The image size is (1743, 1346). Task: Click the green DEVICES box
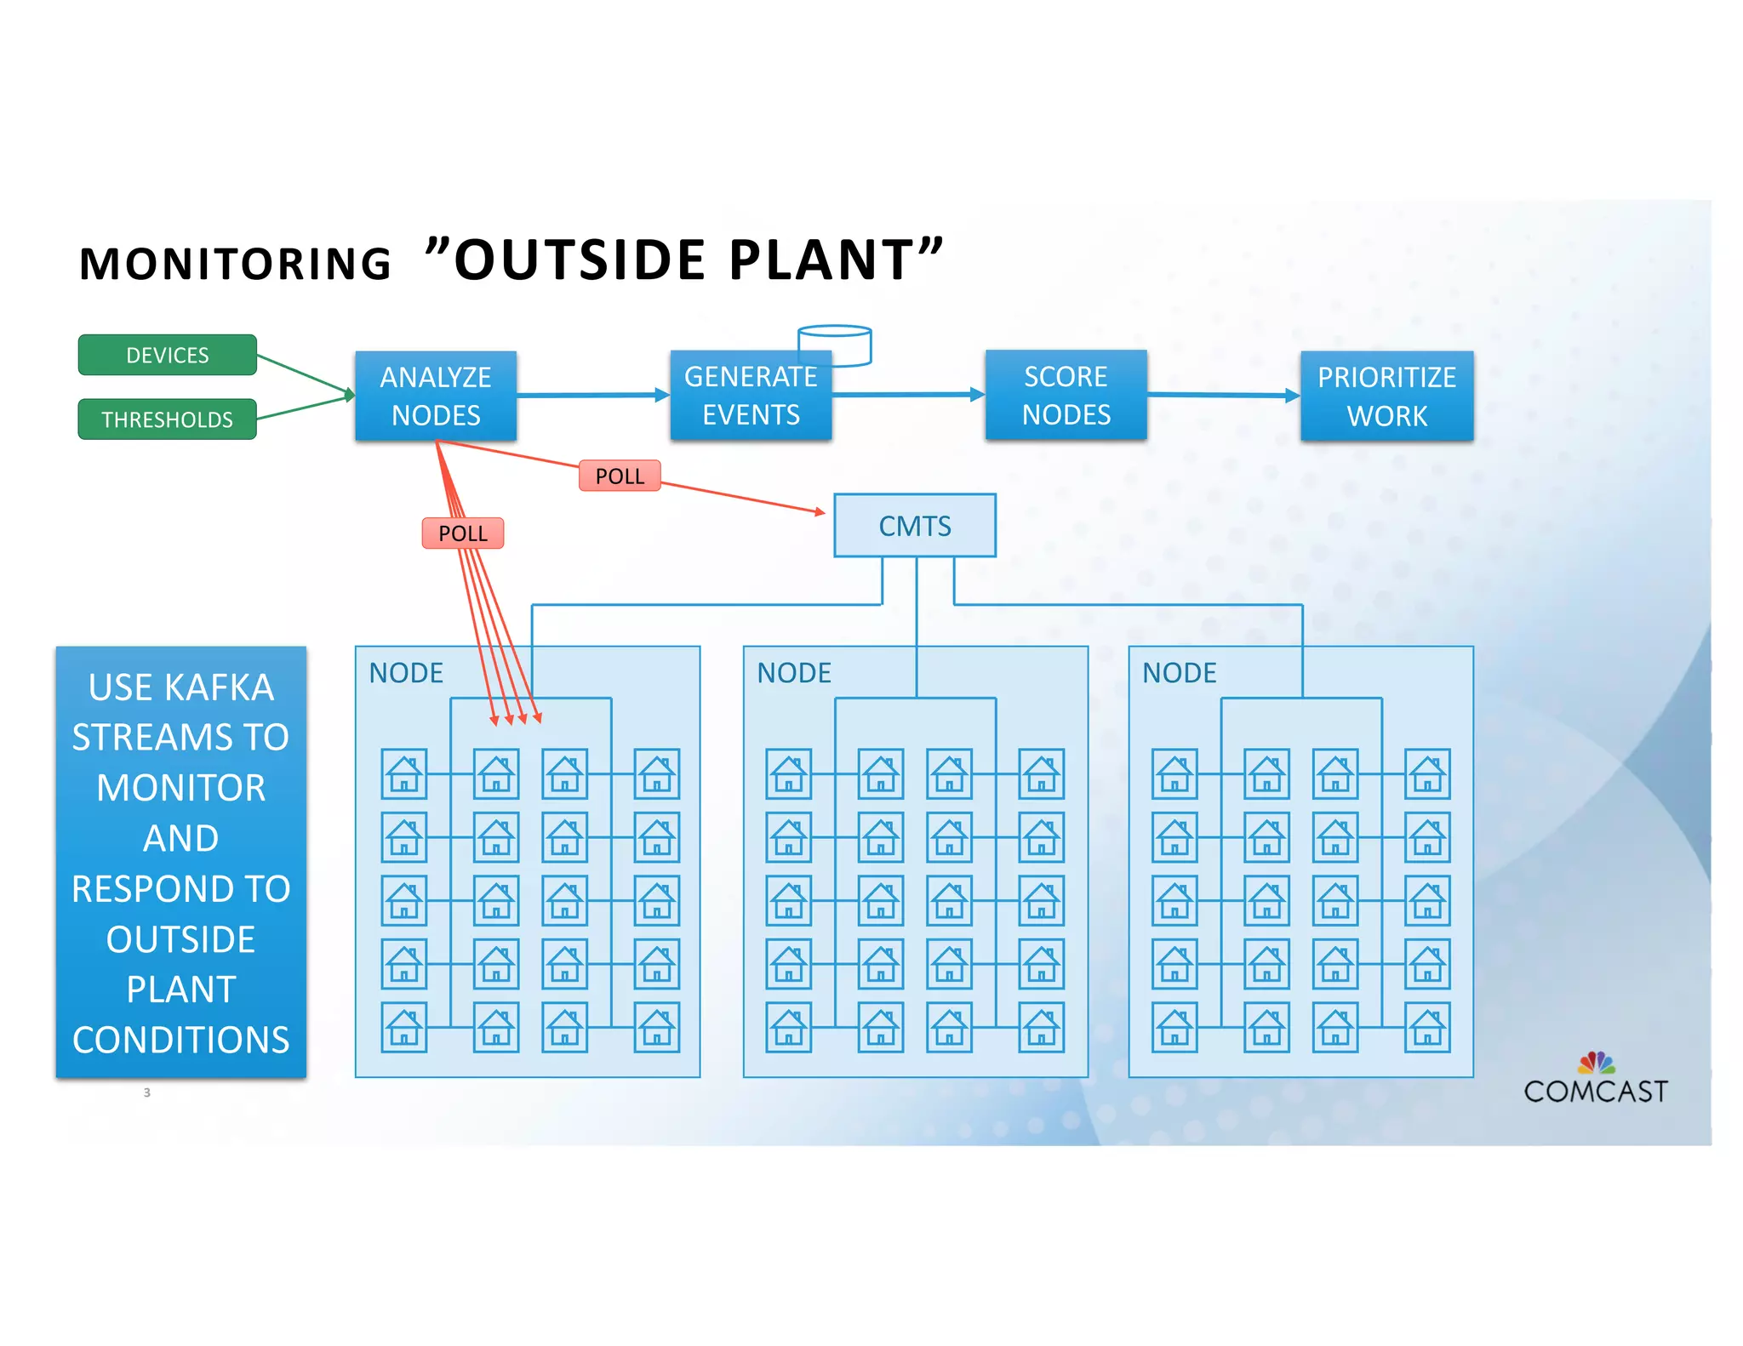tap(167, 355)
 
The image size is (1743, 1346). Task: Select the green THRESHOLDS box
tap(167, 419)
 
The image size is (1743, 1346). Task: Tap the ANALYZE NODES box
tap(436, 396)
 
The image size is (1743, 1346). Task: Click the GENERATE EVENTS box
tap(750, 396)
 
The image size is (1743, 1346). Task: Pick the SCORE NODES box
tap(1066, 396)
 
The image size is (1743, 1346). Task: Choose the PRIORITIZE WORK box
tap(1386, 396)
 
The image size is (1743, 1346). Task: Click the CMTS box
tap(915, 526)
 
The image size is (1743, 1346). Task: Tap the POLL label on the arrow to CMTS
tap(620, 476)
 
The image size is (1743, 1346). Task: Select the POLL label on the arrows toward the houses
tap(463, 533)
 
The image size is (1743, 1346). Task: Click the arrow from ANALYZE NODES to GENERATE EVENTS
tap(592, 395)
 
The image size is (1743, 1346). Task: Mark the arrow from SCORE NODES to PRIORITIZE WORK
tap(1222, 395)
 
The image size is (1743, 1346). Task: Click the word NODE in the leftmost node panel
tap(406, 673)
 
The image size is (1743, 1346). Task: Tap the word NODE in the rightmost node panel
tap(1179, 673)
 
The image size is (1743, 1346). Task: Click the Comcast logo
tap(1595, 1081)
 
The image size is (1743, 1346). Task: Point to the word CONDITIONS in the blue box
tap(180, 1040)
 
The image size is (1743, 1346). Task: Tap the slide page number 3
tap(146, 1092)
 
